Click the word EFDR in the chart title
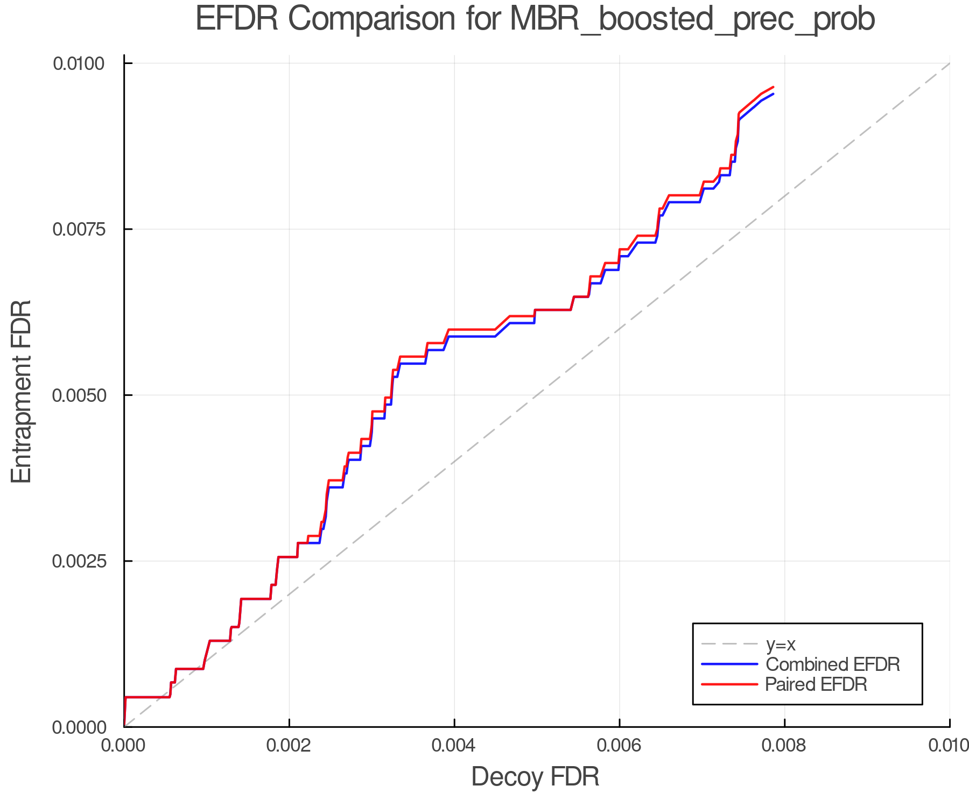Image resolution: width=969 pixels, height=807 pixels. (x=237, y=19)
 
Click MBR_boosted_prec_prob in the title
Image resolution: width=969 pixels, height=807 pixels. (x=692, y=20)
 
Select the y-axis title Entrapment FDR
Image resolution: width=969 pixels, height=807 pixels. (x=22, y=392)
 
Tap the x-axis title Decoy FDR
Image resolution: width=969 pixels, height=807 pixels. (x=535, y=777)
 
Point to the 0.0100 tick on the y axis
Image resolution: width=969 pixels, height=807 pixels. (x=78, y=63)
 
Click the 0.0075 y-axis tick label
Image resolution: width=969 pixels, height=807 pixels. (x=78, y=229)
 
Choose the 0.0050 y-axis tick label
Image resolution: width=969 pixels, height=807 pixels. (x=78, y=395)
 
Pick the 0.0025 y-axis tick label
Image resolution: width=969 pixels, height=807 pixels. (x=78, y=561)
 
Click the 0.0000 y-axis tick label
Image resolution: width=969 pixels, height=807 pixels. (x=78, y=727)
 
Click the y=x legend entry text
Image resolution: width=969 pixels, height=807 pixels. (x=781, y=644)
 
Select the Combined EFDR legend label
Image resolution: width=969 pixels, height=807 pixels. (x=832, y=664)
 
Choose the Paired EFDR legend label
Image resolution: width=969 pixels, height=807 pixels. (x=816, y=684)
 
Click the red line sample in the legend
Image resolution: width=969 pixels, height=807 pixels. (x=729, y=684)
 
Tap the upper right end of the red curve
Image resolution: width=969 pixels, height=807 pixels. (x=773, y=87)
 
